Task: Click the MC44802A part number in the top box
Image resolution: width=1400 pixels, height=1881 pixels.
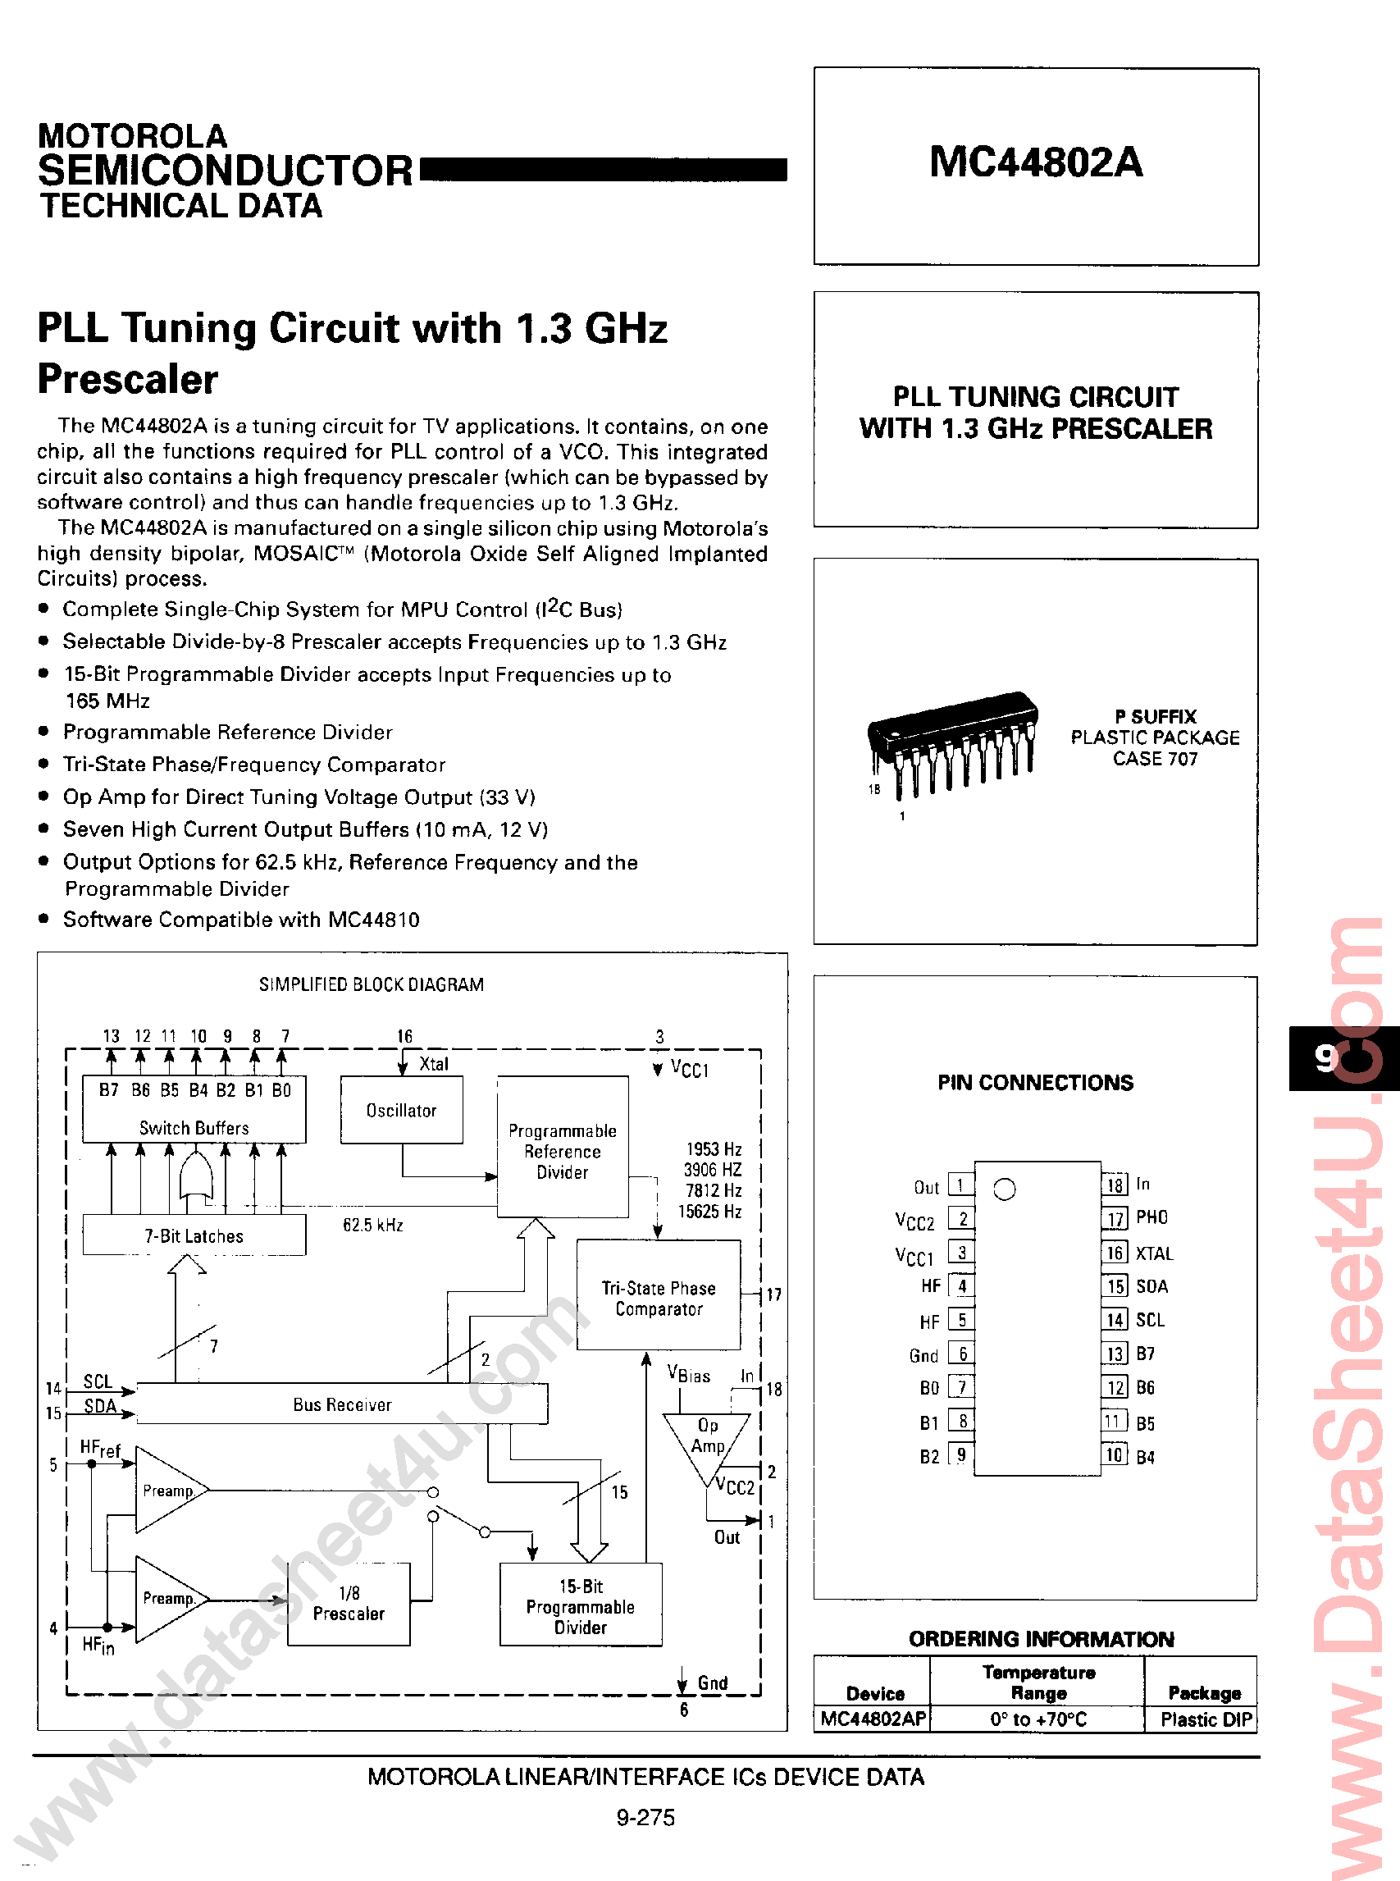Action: point(1036,161)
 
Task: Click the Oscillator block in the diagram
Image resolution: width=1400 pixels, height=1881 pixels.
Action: point(401,1111)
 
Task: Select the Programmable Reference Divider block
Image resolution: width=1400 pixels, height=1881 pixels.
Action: point(562,1150)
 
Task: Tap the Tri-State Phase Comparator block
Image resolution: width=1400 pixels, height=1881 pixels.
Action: point(659,1298)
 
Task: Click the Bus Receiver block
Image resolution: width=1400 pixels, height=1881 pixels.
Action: point(341,1404)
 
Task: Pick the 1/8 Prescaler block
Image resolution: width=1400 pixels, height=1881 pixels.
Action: point(349,1604)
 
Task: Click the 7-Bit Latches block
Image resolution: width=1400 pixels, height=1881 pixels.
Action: point(194,1236)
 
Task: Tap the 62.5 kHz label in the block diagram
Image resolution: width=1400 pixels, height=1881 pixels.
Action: point(373,1225)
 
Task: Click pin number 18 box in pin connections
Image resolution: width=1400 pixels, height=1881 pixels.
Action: point(1115,1185)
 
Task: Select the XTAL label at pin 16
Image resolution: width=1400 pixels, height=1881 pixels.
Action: point(1154,1253)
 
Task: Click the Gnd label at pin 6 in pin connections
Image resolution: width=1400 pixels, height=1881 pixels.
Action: point(923,1355)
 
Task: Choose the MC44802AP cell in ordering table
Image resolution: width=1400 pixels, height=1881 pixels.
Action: point(873,1719)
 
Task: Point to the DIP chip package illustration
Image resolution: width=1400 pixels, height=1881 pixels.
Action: point(951,742)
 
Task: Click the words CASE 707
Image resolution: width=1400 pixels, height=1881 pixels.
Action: point(1154,759)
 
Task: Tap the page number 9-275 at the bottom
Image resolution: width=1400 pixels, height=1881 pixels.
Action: point(645,1817)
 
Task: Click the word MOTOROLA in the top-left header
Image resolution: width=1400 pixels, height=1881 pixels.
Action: point(132,135)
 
